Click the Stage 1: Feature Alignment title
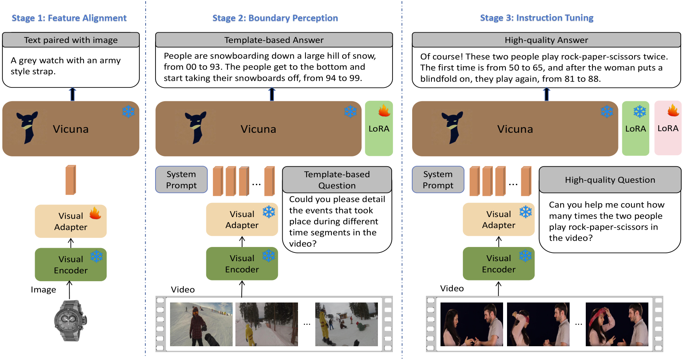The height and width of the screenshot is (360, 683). (x=69, y=18)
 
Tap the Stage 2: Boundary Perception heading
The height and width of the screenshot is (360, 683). (x=275, y=18)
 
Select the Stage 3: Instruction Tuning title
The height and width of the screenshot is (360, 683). (x=536, y=18)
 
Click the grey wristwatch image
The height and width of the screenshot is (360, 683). (x=70, y=320)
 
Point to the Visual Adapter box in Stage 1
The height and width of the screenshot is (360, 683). (x=70, y=221)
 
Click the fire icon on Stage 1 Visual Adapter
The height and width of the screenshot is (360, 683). (x=95, y=213)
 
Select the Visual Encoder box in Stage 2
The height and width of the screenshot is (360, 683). (x=242, y=264)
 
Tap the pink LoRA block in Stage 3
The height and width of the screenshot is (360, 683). (x=668, y=128)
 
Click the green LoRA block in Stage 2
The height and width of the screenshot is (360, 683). (x=379, y=128)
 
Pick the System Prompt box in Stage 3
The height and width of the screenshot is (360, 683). (x=438, y=180)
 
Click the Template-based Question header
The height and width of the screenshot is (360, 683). (x=337, y=180)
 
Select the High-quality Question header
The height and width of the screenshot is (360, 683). (x=610, y=180)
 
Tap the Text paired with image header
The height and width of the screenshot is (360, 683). (x=71, y=40)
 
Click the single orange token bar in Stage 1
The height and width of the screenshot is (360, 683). (x=71, y=180)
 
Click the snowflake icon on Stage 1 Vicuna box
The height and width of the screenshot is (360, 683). (x=128, y=111)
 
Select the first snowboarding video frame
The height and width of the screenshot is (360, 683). (x=201, y=324)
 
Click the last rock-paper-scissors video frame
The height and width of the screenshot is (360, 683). (x=616, y=324)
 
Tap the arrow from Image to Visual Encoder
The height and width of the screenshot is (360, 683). (x=69, y=289)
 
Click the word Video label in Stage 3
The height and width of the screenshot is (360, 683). (x=452, y=288)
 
